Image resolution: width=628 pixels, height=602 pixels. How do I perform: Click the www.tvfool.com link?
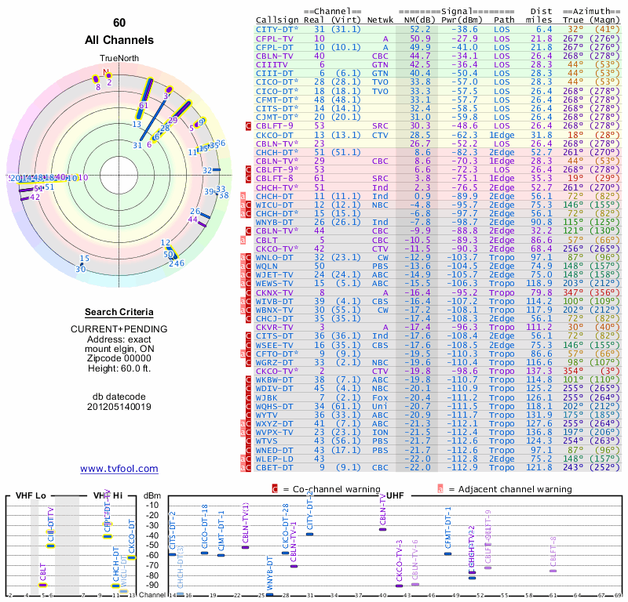119,469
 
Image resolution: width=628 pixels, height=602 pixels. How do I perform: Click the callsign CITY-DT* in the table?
278,28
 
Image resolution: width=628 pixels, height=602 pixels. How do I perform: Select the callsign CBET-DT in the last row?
275,467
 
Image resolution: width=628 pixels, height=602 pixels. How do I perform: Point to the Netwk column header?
380,20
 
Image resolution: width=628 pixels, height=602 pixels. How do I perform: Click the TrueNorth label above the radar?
119,59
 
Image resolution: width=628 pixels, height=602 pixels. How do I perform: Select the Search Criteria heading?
119,312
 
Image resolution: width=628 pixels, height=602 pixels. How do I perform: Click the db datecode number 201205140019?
119,407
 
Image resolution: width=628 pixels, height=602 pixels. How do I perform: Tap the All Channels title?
119,40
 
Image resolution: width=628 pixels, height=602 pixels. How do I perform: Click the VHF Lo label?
30,496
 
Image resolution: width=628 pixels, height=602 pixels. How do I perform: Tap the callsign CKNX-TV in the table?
275,292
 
